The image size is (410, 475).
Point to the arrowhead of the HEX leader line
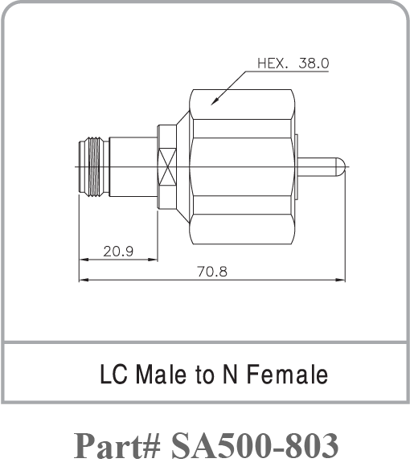pyautogui.click(x=213, y=103)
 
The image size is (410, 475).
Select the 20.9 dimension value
pyautogui.click(x=118, y=252)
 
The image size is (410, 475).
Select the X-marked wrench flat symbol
pyautogui.click(x=168, y=166)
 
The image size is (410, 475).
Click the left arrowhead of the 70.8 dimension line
pyautogui.click(x=82, y=280)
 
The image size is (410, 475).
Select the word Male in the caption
pyautogui.click(x=158, y=375)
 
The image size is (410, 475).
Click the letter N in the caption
pyautogui.click(x=228, y=375)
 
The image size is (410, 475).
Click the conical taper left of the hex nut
pyautogui.click(x=183, y=166)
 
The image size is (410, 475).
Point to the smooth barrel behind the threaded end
pyautogui.click(x=133, y=166)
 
